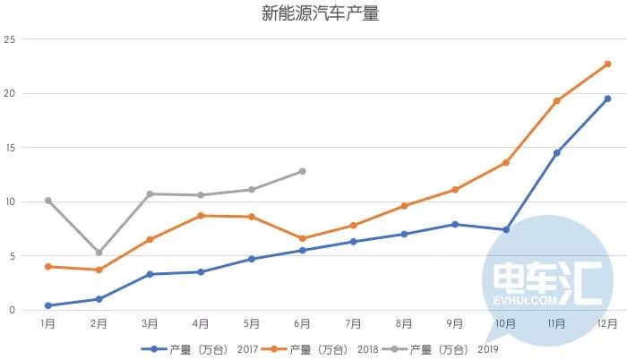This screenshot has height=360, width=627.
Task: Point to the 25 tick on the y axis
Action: tap(10, 39)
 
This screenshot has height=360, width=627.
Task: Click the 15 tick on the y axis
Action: tap(10, 148)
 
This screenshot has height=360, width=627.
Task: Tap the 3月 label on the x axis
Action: tap(150, 323)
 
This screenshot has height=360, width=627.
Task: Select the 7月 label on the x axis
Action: tap(353, 323)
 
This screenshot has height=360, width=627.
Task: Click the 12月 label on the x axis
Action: tap(606, 323)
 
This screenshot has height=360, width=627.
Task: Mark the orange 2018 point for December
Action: tap(607, 64)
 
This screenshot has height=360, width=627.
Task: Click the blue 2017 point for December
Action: tap(607, 99)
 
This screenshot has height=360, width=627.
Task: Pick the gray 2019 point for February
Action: tap(99, 253)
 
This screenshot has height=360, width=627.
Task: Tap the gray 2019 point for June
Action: tap(302, 171)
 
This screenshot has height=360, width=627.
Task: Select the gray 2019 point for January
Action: tap(47, 201)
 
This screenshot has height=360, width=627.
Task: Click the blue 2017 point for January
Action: tap(47, 305)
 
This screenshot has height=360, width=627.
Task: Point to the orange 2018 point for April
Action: tap(201, 216)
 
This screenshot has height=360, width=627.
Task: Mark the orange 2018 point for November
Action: tap(556, 100)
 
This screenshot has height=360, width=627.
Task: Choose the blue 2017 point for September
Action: tap(455, 224)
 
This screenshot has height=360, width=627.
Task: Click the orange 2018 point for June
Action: tap(302, 238)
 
